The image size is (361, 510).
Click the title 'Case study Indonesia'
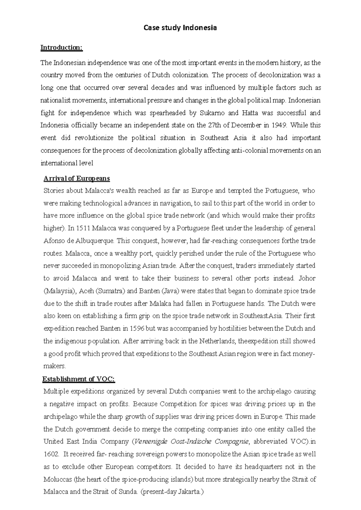click(x=180, y=28)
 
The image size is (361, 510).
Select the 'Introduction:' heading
click(x=61, y=48)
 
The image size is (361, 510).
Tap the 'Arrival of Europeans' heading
click(x=77, y=179)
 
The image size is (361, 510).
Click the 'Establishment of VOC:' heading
click(x=79, y=379)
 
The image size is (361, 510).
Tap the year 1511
click(x=83, y=229)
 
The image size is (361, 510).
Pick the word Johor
click(x=307, y=278)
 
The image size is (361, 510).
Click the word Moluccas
click(x=57, y=479)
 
